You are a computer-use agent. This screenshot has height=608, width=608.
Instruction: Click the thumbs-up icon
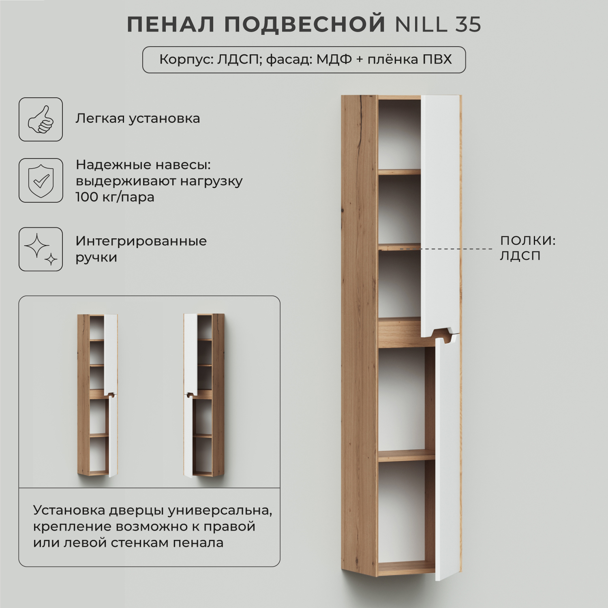click(41, 119)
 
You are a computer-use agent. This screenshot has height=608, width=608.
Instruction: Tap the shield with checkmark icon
click(41, 180)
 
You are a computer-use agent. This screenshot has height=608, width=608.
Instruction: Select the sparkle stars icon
click(41, 249)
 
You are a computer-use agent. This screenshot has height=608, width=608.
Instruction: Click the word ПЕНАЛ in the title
click(171, 25)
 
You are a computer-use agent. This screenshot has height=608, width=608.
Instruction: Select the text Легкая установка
click(138, 118)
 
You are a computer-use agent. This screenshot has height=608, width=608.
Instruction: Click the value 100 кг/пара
click(115, 197)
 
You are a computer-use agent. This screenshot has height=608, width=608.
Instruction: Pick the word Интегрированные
click(141, 241)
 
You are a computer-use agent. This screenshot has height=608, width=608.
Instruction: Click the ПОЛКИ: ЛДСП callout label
click(527, 248)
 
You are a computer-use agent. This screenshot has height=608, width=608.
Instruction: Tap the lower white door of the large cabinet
click(448, 458)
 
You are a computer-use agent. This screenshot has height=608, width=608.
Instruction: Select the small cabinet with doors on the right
click(97, 395)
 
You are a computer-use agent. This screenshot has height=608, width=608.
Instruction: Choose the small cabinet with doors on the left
click(204, 395)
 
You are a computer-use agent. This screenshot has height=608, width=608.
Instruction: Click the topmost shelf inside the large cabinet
click(399, 172)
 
